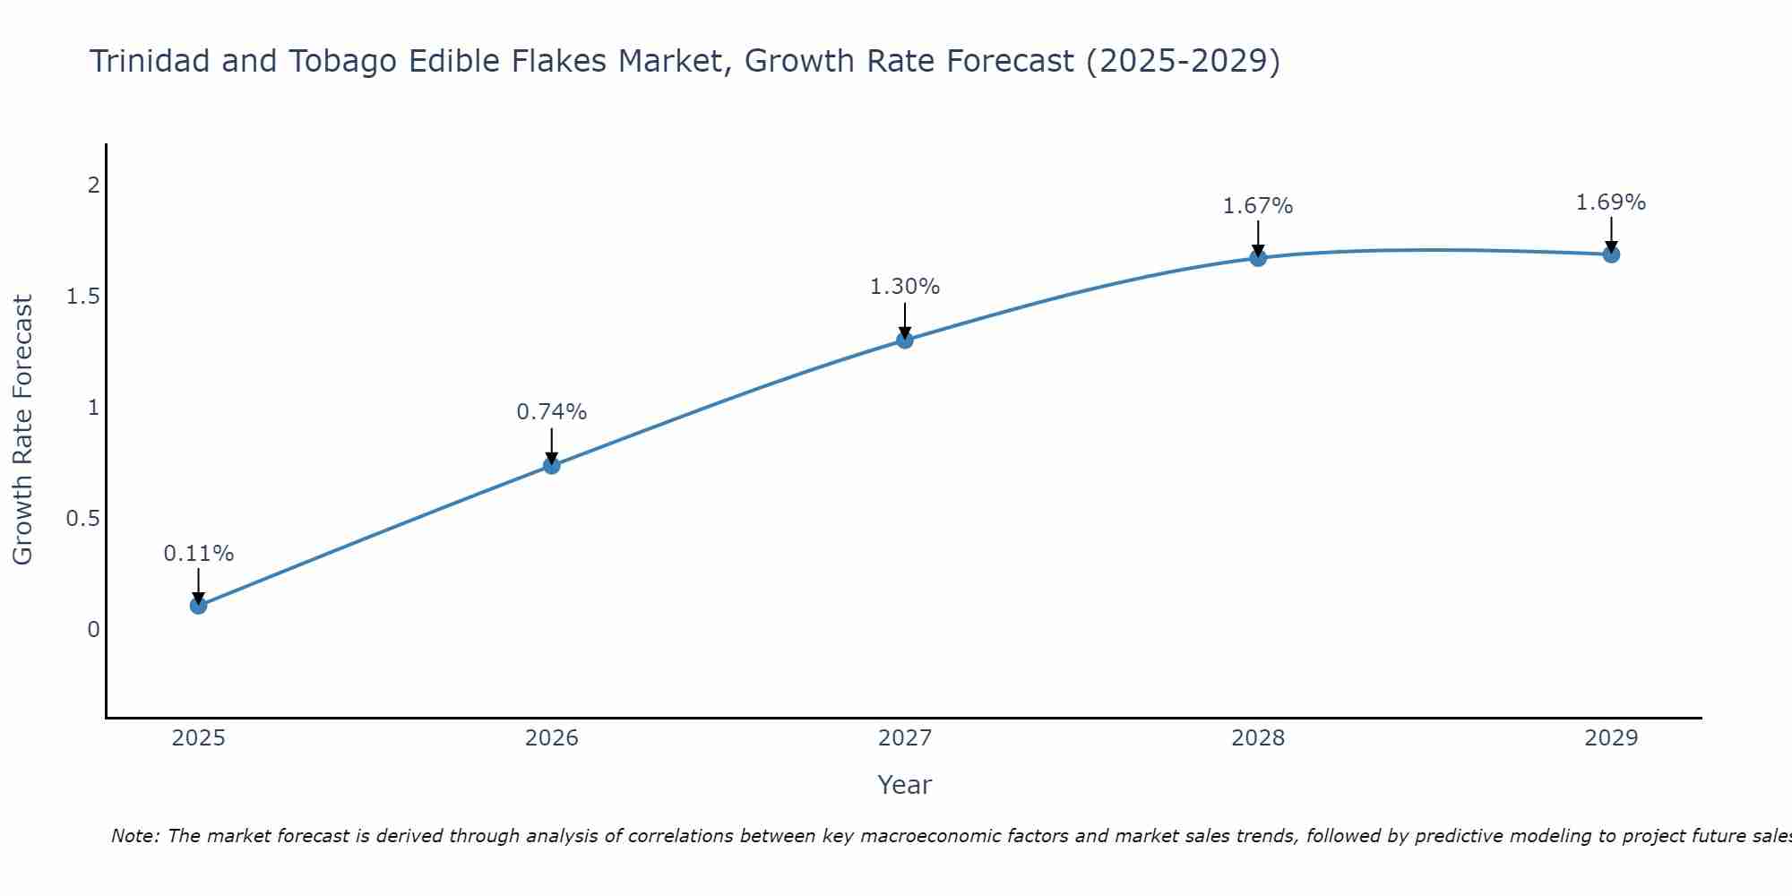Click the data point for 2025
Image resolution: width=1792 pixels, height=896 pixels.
point(199,606)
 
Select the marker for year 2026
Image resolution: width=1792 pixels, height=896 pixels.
point(552,466)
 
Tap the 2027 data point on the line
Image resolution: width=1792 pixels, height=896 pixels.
point(905,340)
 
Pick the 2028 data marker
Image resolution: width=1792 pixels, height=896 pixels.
point(1258,258)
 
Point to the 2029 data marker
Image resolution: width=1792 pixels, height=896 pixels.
point(1611,254)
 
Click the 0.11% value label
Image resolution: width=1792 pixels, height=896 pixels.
point(199,554)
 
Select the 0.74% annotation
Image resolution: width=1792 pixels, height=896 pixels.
point(552,412)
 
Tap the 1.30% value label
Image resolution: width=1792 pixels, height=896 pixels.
point(905,287)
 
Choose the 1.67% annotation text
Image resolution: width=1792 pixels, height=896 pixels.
point(1258,206)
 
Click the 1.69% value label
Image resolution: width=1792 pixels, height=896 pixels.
point(1611,202)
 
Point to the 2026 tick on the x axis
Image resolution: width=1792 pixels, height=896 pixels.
point(552,738)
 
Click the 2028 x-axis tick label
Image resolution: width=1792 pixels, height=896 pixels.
point(1258,738)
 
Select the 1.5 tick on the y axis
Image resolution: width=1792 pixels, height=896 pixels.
point(82,297)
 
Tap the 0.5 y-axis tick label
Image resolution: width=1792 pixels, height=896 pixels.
point(82,519)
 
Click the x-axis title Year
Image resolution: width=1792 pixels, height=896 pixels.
point(905,785)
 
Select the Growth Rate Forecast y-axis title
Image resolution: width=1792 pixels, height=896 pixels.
point(23,430)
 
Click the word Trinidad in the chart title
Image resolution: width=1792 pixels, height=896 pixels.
point(150,62)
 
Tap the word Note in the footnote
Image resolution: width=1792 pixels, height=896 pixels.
point(134,836)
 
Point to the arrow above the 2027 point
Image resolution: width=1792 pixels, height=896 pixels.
point(905,319)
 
